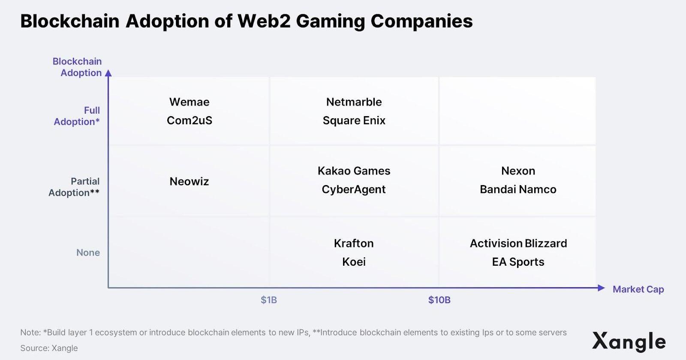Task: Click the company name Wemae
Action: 189,102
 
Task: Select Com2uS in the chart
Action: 189,120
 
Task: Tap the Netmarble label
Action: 354,102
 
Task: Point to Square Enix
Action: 354,120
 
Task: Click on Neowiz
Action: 189,181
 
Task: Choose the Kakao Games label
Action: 354,171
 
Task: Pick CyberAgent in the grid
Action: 354,189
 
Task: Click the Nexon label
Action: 518,171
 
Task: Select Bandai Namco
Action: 518,189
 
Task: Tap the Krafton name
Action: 354,243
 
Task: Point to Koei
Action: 354,262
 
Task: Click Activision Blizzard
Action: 518,243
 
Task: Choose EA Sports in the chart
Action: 518,262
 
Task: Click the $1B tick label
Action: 269,300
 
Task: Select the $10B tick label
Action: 439,300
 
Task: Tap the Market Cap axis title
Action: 638,289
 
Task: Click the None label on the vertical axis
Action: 88,252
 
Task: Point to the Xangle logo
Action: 629,342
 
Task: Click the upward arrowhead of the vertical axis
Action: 108,73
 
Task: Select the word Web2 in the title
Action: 264,21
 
